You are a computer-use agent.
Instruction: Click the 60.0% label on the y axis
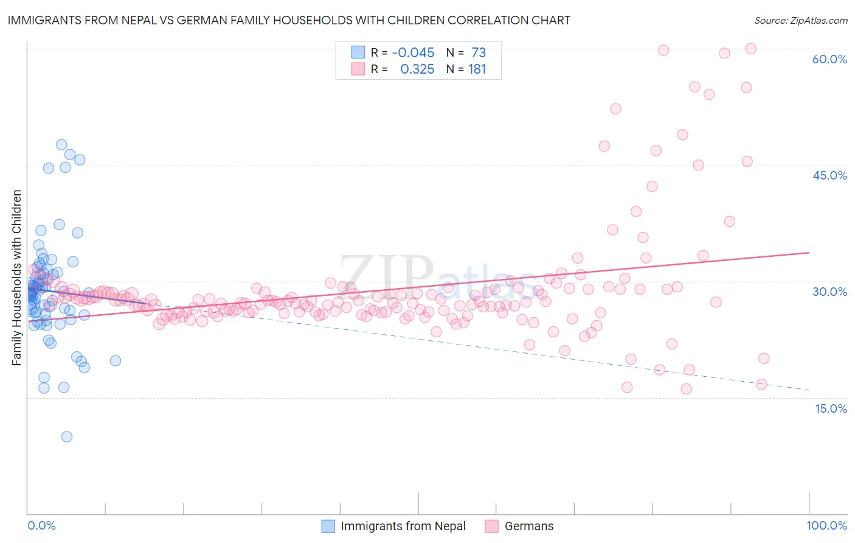point(829,59)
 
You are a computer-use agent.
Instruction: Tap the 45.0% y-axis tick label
point(829,175)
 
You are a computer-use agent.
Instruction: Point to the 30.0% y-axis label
point(829,292)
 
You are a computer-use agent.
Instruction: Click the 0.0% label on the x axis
point(41,526)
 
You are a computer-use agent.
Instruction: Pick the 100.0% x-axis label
point(826,526)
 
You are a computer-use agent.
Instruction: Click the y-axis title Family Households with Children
point(17,278)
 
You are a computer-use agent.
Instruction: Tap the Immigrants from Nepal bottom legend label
point(403,526)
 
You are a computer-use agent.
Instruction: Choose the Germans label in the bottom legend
point(529,526)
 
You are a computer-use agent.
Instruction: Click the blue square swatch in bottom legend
point(328,526)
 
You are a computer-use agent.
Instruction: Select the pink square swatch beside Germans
point(491,526)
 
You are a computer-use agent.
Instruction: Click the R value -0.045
point(413,52)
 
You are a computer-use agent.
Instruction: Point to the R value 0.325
point(417,69)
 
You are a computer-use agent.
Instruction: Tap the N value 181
point(477,69)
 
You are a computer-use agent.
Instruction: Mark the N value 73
point(479,52)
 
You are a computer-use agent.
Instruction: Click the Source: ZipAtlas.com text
point(800,20)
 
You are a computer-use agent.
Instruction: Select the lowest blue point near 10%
point(67,436)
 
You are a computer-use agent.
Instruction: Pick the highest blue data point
point(61,145)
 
